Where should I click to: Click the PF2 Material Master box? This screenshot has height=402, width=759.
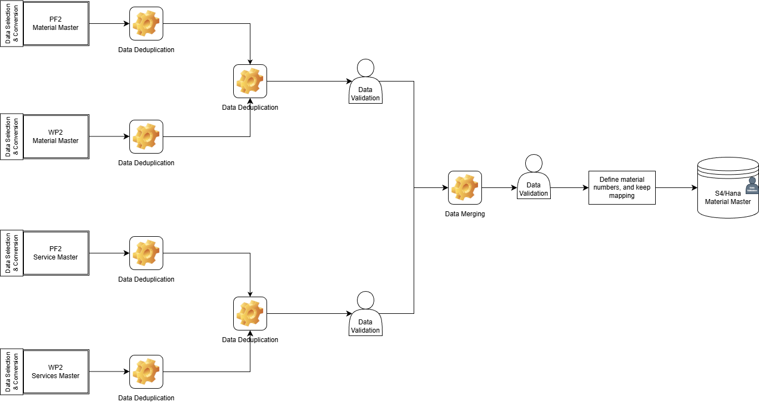pyautogui.click(x=56, y=24)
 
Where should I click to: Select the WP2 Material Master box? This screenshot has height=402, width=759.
pyautogui.click(x=56, y=137)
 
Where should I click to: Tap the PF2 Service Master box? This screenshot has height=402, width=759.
pyautogui.click(x=56, y=253)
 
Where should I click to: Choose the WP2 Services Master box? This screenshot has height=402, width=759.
pyautogui.click(x=56, y=372)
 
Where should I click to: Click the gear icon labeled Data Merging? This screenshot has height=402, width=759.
pyautogui.click(x=465, y=187)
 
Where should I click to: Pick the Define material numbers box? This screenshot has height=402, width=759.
pyautogui.click(x=622, y=187)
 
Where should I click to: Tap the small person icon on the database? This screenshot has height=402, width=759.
pyautogui.click(x=752, y=185)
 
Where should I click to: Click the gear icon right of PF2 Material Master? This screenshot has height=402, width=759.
pyautogui.click(x=146, y=24)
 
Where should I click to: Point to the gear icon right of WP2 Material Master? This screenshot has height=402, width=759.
pyautogui.click(x=146, y=137)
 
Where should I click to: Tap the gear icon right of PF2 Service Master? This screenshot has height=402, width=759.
pyautogui.click(x=146, y=253)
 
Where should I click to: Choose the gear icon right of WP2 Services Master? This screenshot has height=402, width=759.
pyautogui.click(x=146, y=372)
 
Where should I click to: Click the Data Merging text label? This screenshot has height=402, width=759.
pyautogui.click(x=465, y=214)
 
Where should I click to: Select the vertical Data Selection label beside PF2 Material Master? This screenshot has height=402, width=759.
pyautogui.click(x=11, y=24)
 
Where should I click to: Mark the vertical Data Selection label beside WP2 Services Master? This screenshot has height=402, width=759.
pyautogui.click(x=11, y=372)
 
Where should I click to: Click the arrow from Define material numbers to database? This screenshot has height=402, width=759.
pyautogui.click(x=676, y=188)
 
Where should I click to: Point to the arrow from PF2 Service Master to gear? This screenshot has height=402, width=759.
pyautogui.click(x=109, y=253)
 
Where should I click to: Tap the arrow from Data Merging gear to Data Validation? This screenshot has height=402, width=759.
pyautogui.click(x=499, y=188)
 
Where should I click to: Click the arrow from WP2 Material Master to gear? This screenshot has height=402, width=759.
pyautogui.click(x=109, y=137)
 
